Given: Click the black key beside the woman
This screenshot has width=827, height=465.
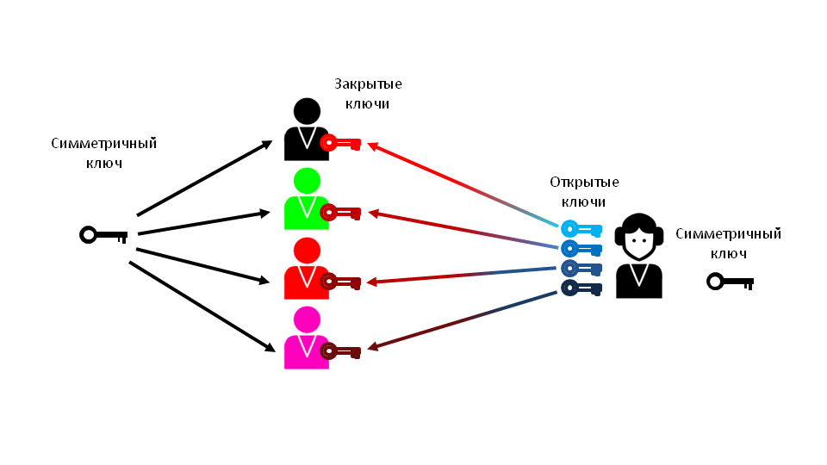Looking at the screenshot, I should point(730,282).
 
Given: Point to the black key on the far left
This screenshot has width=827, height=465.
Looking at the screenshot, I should point(103,234).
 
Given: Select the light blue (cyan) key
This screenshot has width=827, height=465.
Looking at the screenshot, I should point(581,230).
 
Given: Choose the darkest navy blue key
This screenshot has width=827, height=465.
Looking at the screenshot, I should point(581,288).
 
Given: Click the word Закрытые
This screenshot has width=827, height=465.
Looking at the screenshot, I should point(368,84).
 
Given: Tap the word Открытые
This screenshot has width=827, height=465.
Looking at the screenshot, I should point(584,182).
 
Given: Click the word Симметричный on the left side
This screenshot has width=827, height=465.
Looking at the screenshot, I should point(103,143).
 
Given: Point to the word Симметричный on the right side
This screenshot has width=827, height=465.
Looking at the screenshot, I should point(728,233).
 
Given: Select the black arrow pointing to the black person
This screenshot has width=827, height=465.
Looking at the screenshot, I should point(205,177).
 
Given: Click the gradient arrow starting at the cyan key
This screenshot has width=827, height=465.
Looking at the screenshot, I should point(465,186).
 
